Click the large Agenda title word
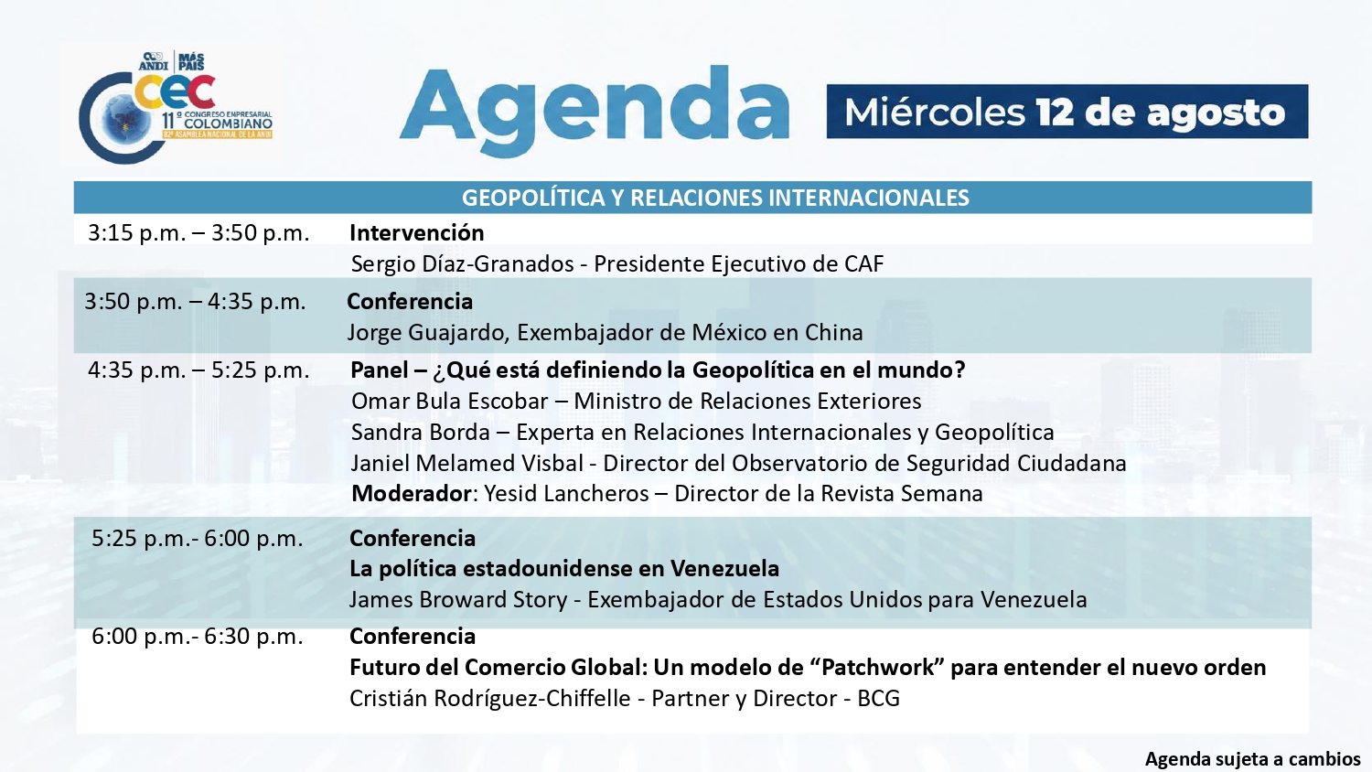pos(595,112)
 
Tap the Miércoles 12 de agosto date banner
pos(1067,112)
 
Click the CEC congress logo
pos(176,107)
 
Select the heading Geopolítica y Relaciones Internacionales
pos(715,198)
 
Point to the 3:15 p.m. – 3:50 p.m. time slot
pos(198,233)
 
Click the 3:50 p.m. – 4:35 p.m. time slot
pos(195,302)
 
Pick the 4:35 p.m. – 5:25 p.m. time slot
pos(198,370)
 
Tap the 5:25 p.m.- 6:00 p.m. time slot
pos(198,539)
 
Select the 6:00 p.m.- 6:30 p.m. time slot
pos(198,637)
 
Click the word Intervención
pos(416,233)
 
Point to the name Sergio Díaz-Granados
pos(463,264)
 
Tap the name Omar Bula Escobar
pos(450,402)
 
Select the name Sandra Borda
pos(421,433)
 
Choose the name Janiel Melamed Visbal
pos(467,463)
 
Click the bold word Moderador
pos(411,494)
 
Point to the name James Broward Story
pos(458,599)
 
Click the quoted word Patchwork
pos(879,667)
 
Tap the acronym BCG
pos(879,699)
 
